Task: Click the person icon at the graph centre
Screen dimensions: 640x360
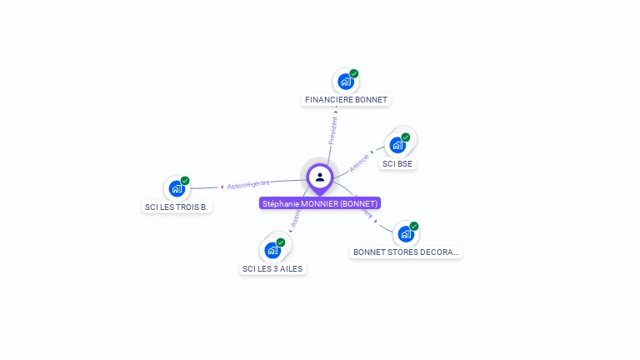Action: click(x=320, y=177)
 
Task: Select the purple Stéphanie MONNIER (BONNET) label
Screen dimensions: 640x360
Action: click(x=320, y=203)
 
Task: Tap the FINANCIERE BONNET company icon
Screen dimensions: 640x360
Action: click(x=344, y=82)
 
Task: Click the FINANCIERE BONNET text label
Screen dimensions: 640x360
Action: click(x=346, y=100)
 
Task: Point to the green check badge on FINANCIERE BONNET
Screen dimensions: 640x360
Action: click(x=354, y=74)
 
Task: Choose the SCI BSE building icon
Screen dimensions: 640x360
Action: click(x=397, y=145)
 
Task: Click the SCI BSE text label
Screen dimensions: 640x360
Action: click(x=397, y=164)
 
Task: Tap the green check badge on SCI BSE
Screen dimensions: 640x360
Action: click(x=406, y=137)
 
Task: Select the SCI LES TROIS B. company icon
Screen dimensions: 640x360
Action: click(x=176, y=188)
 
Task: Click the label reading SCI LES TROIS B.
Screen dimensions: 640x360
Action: click(x=176, y=207)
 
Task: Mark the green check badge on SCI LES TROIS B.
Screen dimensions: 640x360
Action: click(x=185, y=181)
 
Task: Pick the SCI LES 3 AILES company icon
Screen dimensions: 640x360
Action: click(x=272, y=250)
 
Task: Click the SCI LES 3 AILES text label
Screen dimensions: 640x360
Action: click(x=272, y=268)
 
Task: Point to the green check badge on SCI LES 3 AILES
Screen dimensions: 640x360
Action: click(x=281, y=242)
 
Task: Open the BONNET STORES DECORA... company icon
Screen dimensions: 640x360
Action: click(x=405, y=234)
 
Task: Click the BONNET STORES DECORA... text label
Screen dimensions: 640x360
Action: click(x=406, y=252)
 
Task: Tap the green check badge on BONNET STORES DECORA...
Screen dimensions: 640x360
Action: click(x=414, y=227)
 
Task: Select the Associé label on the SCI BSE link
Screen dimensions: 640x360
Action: click(x=359, y=162)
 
